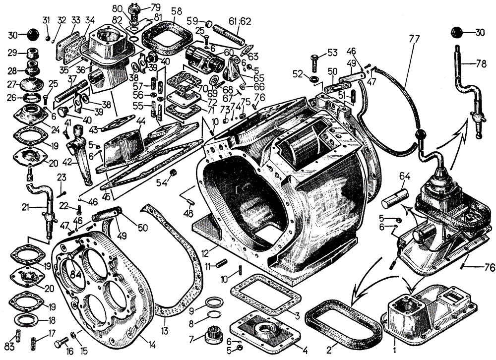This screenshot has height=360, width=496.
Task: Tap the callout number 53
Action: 331,53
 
